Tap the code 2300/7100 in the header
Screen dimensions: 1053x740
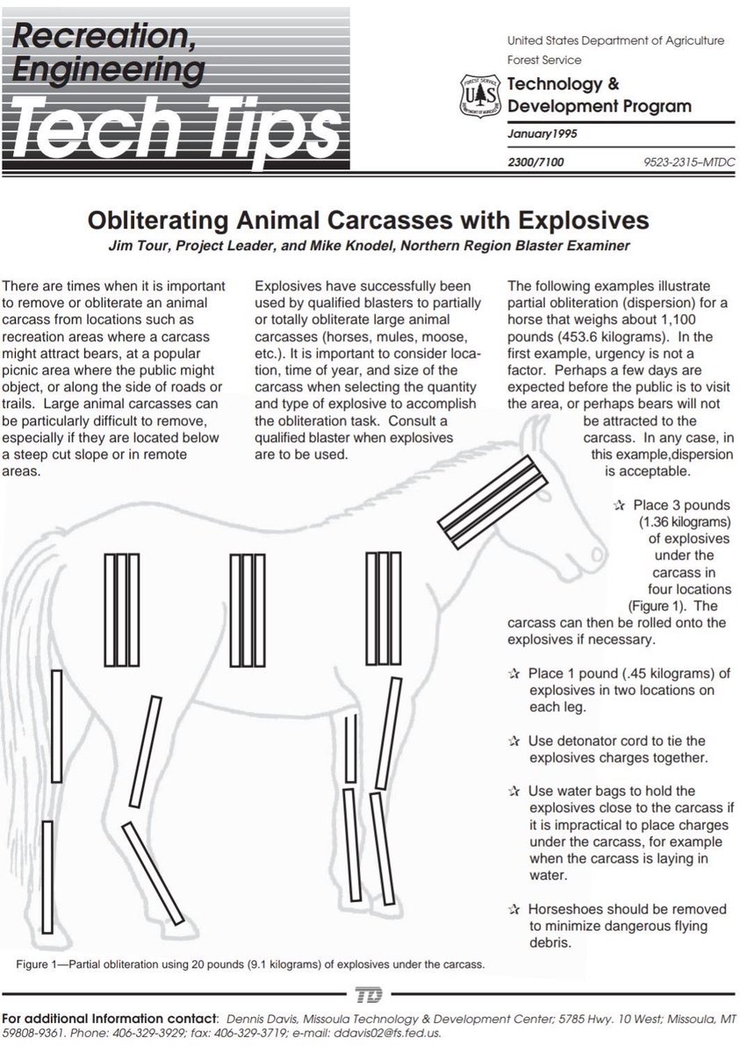click(538, 163)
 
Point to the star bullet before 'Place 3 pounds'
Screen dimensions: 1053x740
click(619, 505)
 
